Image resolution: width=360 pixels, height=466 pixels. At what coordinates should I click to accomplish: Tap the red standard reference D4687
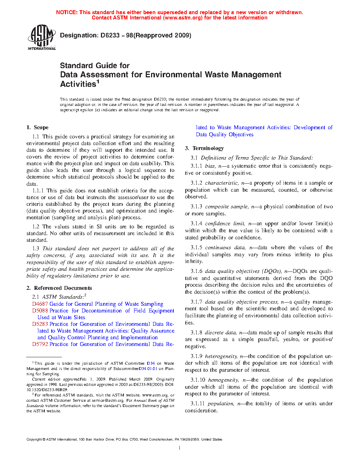point(40,304)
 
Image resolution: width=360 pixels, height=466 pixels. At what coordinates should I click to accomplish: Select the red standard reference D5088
point(40,311)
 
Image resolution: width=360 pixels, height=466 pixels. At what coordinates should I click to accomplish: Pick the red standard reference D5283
point(40,324)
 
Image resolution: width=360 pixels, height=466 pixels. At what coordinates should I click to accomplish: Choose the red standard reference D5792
point(40,344)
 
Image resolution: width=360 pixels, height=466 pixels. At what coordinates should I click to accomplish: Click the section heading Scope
point(41,127)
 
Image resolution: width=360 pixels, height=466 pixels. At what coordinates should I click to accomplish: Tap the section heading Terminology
point(208,148)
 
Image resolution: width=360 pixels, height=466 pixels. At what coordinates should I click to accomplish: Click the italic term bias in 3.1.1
point(210,166)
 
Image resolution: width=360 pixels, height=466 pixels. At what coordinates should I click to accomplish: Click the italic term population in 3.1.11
point(221,404)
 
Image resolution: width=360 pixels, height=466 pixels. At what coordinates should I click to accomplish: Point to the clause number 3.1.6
point(197,271)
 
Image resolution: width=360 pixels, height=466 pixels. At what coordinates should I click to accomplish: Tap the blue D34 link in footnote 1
point(151,363)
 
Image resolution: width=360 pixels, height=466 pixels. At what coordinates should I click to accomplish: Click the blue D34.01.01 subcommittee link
point(148,369)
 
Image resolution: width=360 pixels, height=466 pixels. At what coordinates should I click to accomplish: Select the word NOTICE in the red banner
point(67,12)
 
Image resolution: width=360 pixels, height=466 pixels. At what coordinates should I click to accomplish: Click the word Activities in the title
point(78,84)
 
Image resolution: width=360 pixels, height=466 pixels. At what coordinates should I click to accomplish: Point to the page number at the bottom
point(180,448)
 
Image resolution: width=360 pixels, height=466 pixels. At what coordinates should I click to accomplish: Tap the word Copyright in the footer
point(34,440)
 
